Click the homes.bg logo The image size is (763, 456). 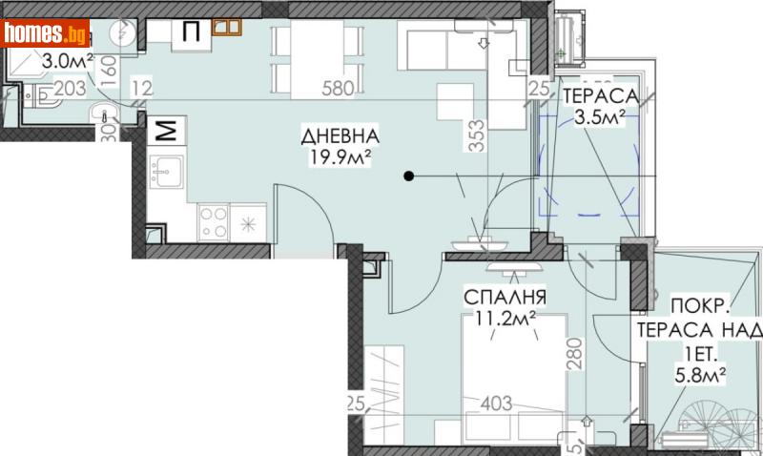pyautogui.click(x=45, y=35)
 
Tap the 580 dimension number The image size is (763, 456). pyautogui.click(x=338, y=91)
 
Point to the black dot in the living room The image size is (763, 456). pyautogui.click(x=408, y=176)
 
